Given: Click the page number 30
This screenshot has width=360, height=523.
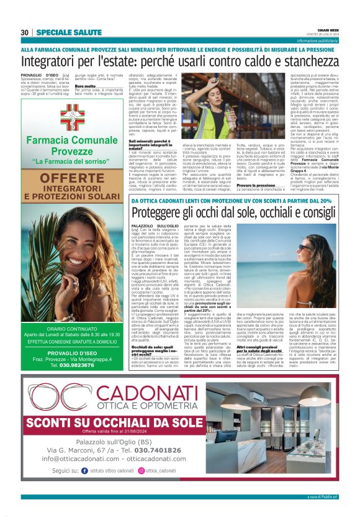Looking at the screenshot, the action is pos(25,32).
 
